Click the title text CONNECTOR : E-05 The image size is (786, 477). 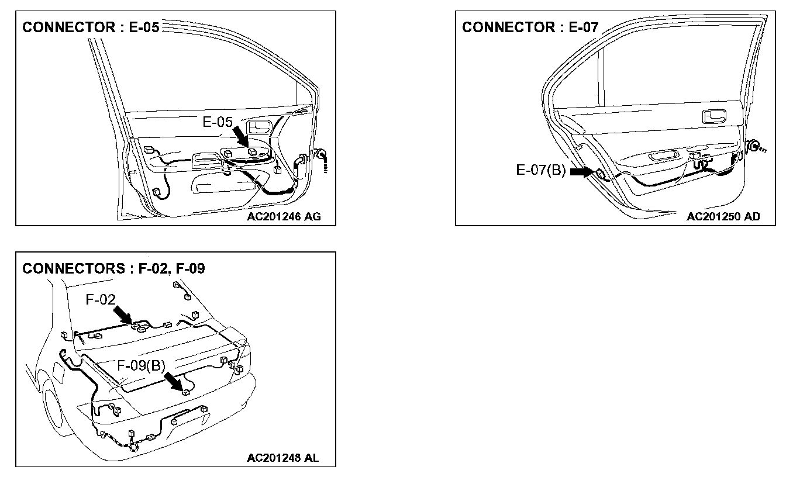click(91, 27)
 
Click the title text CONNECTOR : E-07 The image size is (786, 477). click(530, 27)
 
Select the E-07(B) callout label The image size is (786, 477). click(540, 170)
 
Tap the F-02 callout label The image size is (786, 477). click(101, 300)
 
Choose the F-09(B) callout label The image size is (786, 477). click(142, 365)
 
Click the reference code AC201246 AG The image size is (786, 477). click(284, 216)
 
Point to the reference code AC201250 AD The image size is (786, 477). click(723, 216)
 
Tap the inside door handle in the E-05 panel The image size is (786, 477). click(257, 126)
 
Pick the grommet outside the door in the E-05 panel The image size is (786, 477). click(320, 155)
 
